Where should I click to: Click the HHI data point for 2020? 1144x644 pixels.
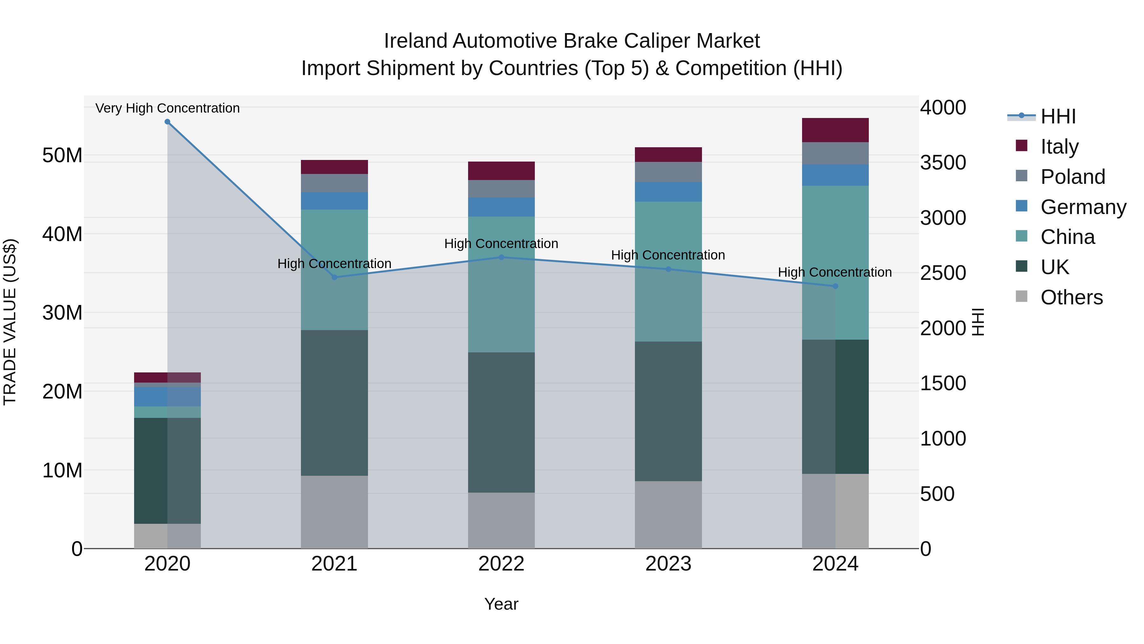167,122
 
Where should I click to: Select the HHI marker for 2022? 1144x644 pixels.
501,257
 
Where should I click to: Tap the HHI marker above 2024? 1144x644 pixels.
835,286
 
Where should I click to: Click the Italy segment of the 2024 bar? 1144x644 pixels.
835,130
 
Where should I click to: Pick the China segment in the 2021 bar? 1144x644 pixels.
334,270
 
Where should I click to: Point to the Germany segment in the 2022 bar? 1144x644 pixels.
501,207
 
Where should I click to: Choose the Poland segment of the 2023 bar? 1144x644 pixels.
668,172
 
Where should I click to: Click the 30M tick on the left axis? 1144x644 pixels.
62,313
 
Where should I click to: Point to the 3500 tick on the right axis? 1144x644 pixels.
943,163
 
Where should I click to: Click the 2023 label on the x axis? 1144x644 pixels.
668,564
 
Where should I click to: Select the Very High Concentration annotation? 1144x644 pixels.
167,108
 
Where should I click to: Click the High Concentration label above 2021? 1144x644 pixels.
334,264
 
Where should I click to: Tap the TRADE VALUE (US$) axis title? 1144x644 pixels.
10,322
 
